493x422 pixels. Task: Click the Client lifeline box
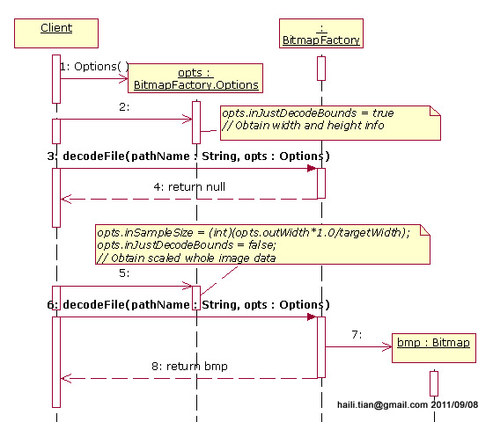point(56,32)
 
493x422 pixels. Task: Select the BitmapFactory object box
point(320,33)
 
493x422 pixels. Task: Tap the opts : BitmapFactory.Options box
point(195,78)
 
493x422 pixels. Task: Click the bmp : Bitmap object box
point(433,342)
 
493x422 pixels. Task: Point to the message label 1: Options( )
point(94,66)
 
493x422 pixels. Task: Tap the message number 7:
point(357,335)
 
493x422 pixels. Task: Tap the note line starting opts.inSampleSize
point(254,232)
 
